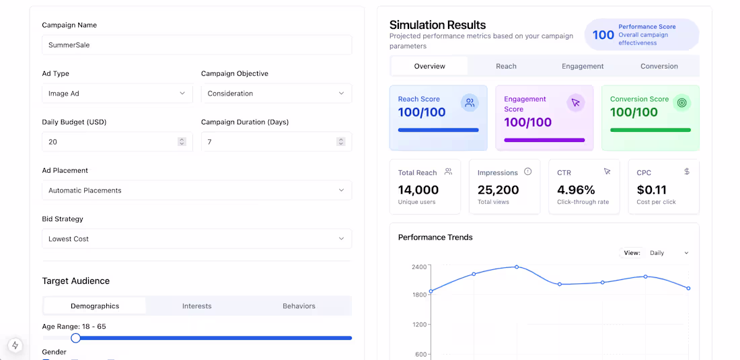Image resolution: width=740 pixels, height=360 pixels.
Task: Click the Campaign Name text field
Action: point(197,45)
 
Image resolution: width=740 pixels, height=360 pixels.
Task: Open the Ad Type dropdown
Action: point(118,94)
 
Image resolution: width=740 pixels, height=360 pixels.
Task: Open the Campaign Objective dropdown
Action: point(276,94)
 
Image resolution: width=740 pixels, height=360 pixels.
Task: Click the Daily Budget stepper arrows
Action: point(182,141)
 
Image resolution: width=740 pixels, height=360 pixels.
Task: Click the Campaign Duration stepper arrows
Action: point(341,141)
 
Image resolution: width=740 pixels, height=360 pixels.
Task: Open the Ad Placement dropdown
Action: point(197,190)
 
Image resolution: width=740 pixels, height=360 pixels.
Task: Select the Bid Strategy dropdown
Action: point(197,239)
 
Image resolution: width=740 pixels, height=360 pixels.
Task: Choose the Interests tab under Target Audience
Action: point(197,305)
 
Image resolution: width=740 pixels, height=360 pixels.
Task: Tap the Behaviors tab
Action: point(299,305)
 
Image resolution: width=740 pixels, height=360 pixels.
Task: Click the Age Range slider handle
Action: point(75,338)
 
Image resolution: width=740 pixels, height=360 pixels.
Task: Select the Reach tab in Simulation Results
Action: point(506,66)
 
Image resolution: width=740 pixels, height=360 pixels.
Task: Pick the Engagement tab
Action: point(583,66)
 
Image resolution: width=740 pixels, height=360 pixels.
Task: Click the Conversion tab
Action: point(659,66)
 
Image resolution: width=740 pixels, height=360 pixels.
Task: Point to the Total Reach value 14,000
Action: point(418,190)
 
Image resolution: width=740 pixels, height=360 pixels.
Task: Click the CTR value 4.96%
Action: point(577,190)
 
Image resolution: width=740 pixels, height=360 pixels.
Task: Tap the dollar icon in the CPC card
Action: point(687,172)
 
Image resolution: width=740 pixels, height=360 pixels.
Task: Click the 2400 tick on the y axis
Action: point(419,266)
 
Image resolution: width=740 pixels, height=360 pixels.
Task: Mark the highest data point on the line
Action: point(517,266)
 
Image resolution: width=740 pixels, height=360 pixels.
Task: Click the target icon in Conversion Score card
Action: point(682,103)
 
